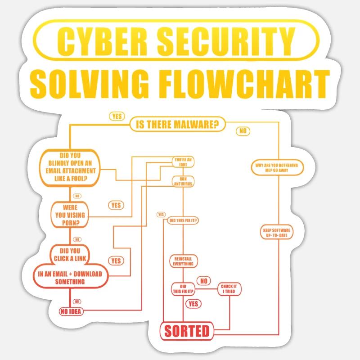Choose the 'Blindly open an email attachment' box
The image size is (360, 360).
pyautogui.click(x=71, y=167)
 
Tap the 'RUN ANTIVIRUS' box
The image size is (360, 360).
pyautogui.click(x=183, y=181)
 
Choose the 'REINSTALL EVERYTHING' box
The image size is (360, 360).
pyautogui.click(x=183, y=261)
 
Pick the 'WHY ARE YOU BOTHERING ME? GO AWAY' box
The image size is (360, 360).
pyautogui.click(x=277, y=168)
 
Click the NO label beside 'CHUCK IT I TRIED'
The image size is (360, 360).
pyautogui.click(x=203, y=281)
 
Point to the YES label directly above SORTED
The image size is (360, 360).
pyautogui.click(x=193, y=304)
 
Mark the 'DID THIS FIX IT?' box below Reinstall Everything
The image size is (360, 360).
pyautogui.click(x=183, y=289)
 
